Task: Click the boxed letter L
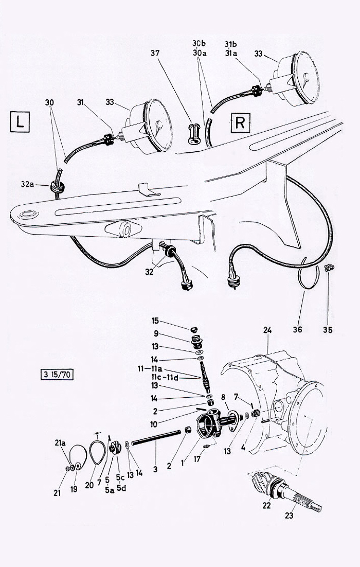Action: point(20,123)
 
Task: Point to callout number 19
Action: point(74,489)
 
